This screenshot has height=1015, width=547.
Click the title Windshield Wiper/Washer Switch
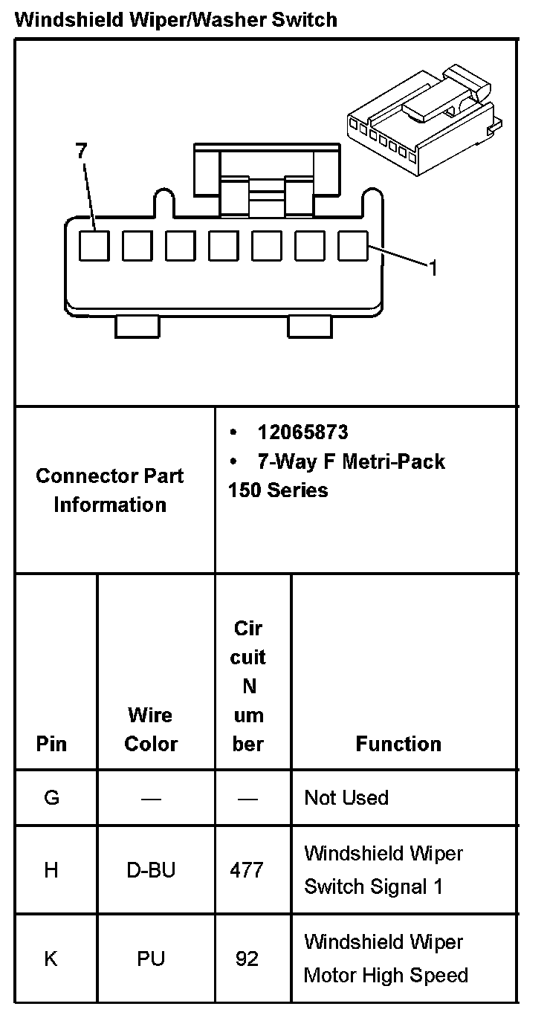[175, 19]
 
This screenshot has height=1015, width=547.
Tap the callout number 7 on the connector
[81, 151]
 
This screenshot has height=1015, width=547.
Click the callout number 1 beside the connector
[432, 268]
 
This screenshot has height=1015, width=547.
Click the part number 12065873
[302, 432]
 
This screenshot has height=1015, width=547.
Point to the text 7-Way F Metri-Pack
[351, 461]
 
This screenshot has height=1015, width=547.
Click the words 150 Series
[278, 490]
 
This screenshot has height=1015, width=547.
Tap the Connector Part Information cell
[110, 490]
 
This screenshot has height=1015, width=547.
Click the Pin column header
[51, 744]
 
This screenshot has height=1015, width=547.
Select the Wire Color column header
[151, 729]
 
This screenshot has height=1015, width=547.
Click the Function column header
[398, 744]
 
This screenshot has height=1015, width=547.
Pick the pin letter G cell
[51, 798]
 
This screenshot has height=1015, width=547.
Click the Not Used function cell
[346, 798]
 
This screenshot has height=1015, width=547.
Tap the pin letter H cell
[51, 870]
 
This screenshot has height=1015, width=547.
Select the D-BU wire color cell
[151, 870]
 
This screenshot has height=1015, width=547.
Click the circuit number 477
[247, 870]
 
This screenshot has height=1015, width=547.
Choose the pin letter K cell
[51, 959]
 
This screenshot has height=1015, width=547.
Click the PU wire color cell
[151, 959]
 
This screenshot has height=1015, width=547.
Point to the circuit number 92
[247, 959]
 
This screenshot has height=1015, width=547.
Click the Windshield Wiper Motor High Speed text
[385, 959]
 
